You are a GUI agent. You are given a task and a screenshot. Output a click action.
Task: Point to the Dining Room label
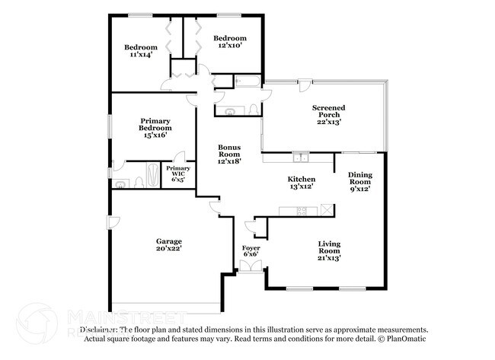click(360, 181)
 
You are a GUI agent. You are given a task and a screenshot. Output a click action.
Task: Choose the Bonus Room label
click(229, 153)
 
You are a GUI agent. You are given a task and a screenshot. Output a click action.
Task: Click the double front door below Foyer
click(251, 266)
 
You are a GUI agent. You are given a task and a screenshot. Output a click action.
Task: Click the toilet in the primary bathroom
click(138, 182)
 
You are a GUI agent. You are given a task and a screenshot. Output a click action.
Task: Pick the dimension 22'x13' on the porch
click(329, 122)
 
